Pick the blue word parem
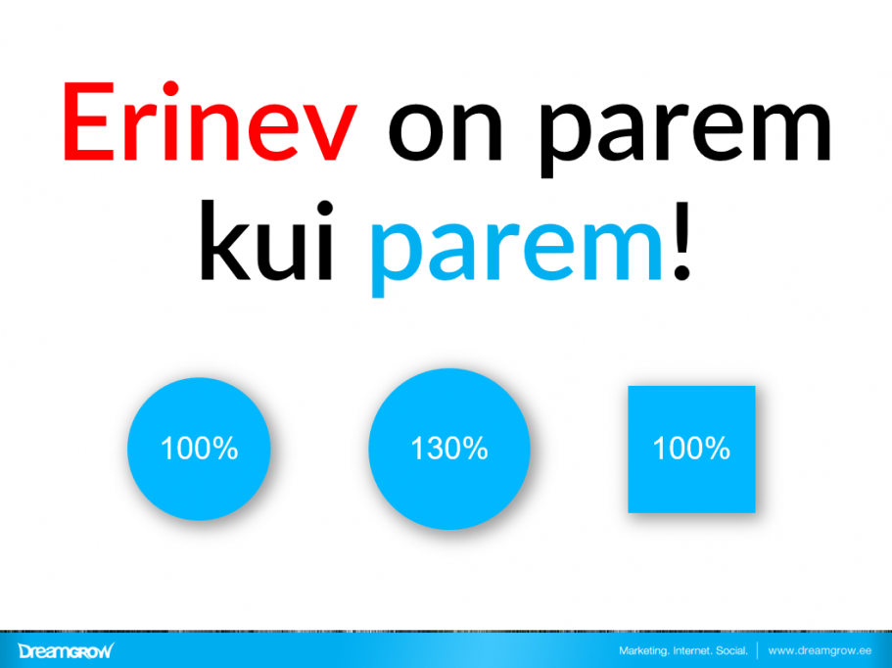(x=519, y=250)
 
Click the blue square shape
(x=691, y=449)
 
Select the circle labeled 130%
(x=448, y=449)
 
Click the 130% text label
(x=448, y=449)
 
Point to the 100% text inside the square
(x=691, y=449)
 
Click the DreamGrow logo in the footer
(x=66, y=650)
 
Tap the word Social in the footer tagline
(x=735, y=650)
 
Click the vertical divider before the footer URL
(x=758, y=650)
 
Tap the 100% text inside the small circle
(x=199, y=449)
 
